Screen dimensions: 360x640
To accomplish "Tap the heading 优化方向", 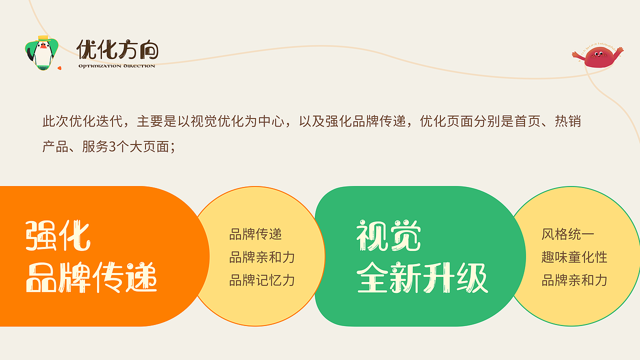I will pos(117,50).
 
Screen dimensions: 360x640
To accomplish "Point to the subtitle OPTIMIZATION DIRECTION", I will pos(116,66).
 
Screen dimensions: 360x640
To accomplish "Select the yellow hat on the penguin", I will pos(43,38).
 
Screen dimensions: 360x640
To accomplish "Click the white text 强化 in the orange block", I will pos(57,236).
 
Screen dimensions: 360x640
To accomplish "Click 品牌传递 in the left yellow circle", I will pos(255,234).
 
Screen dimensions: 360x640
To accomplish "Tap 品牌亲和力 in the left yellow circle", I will pos(262,257).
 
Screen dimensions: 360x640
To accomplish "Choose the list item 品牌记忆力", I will pos(262,280).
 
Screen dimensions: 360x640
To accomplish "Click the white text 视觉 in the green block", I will pos(388,236).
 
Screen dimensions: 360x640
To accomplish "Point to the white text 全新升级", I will pos(422,277).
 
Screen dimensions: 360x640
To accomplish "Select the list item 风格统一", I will pos(567,234).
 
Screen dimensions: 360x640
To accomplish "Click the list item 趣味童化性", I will pos(574,257).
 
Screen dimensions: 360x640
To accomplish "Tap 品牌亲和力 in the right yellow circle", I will pos(574,280).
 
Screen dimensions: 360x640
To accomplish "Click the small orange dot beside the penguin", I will pos(59,67).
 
